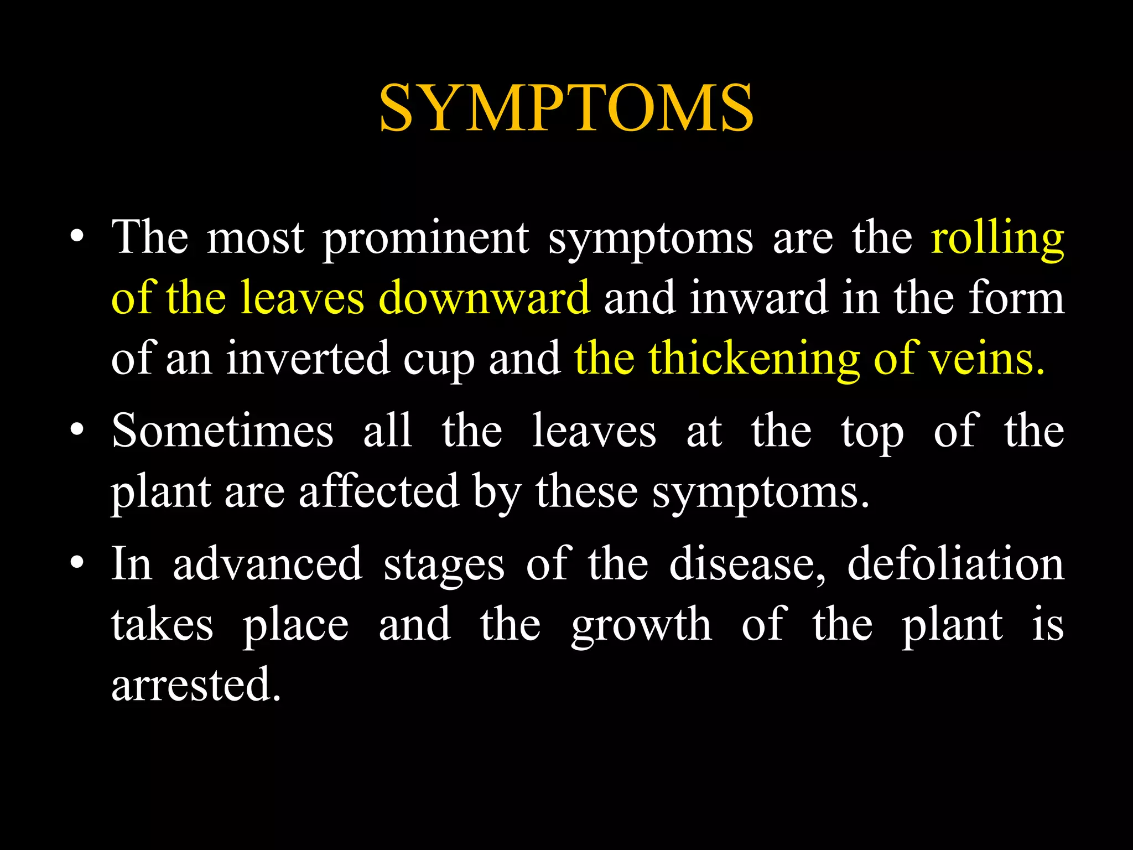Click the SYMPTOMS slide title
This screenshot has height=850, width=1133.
(x=566, y=108)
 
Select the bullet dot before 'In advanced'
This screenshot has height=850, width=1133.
(x=77, y=563)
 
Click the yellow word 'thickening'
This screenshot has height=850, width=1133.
(x=754, y=360)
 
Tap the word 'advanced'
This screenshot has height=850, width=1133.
(x=268, y=564)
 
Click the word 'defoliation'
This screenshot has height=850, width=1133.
(x=955, y=564)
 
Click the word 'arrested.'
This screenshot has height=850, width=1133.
(x=196, y=685)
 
